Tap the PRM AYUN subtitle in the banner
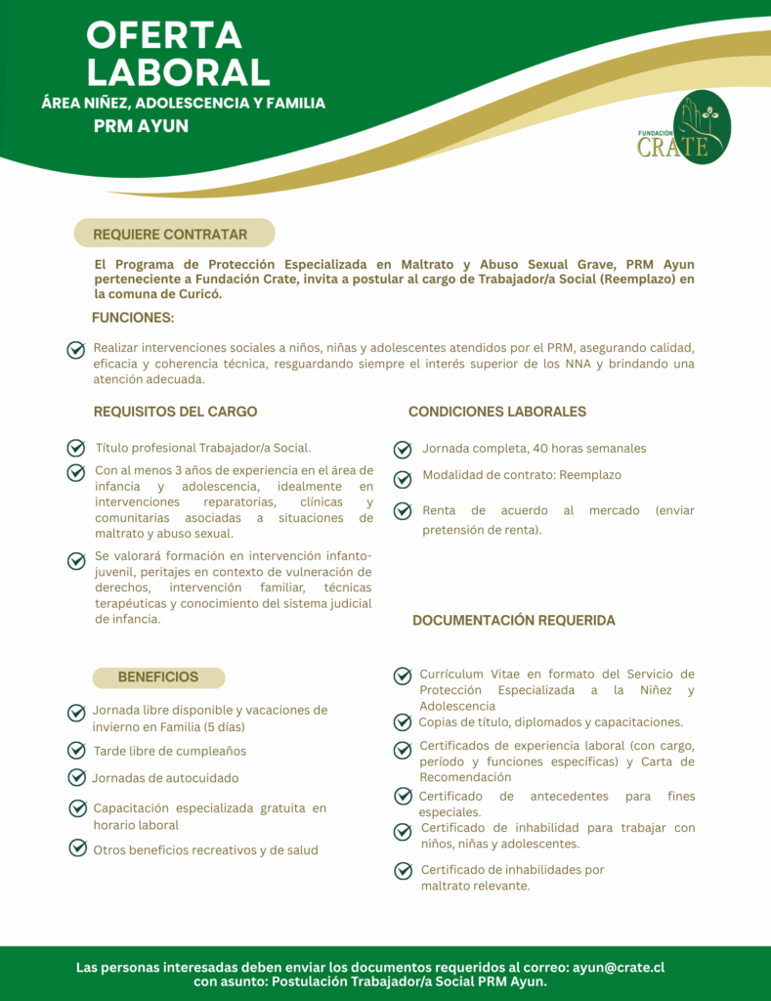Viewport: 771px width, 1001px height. pyautogui.click(x=141, y=126)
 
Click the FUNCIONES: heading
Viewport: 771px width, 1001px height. pyautogui.click(x=133, y=318)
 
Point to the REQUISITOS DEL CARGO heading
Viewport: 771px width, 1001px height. pyautogui.click(x=175, y=412)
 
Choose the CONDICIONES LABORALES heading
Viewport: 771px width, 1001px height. pyautogui.click(x=496, y=412)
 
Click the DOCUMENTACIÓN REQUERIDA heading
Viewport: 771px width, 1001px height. pyautogui.click(x=514, y=621)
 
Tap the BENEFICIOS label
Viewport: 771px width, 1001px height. pyautogui.click(x=158, y=676)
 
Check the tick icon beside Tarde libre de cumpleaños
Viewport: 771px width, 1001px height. pyautogui.click(x=76, y=751)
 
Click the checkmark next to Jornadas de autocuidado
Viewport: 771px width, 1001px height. pyautogui.click(x=76, y=777)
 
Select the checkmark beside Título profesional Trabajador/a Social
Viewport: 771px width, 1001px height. pyautogui.click(x=75, y=448)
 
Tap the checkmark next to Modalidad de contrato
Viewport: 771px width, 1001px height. pyautogui.click(x=402, y=479)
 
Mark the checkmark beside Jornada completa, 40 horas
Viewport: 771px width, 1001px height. pyautogui.click(x=402, y=450)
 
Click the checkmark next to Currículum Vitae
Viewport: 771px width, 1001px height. pyautogui.click(x=402, y=675)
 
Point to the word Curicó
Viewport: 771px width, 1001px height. pyautogui.click(x=199, y=293)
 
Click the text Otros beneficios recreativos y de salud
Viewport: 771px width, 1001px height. pyautogui.click(x=205, y=849)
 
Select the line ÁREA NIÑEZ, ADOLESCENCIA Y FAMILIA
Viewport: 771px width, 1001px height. pyautogui.click(x=184, y=103)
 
